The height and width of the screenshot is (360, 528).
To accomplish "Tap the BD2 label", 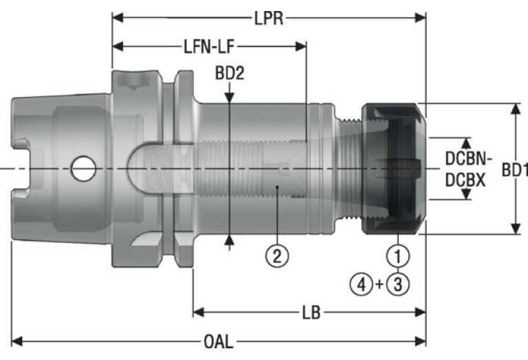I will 230,73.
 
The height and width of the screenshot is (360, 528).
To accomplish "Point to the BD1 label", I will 514,169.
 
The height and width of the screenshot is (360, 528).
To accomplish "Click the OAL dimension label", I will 219,341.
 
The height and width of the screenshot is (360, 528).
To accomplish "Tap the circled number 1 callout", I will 397,257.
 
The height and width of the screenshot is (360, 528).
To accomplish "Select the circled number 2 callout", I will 276,257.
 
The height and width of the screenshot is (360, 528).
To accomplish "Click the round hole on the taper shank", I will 83,169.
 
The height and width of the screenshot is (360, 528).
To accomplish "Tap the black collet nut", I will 392,169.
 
